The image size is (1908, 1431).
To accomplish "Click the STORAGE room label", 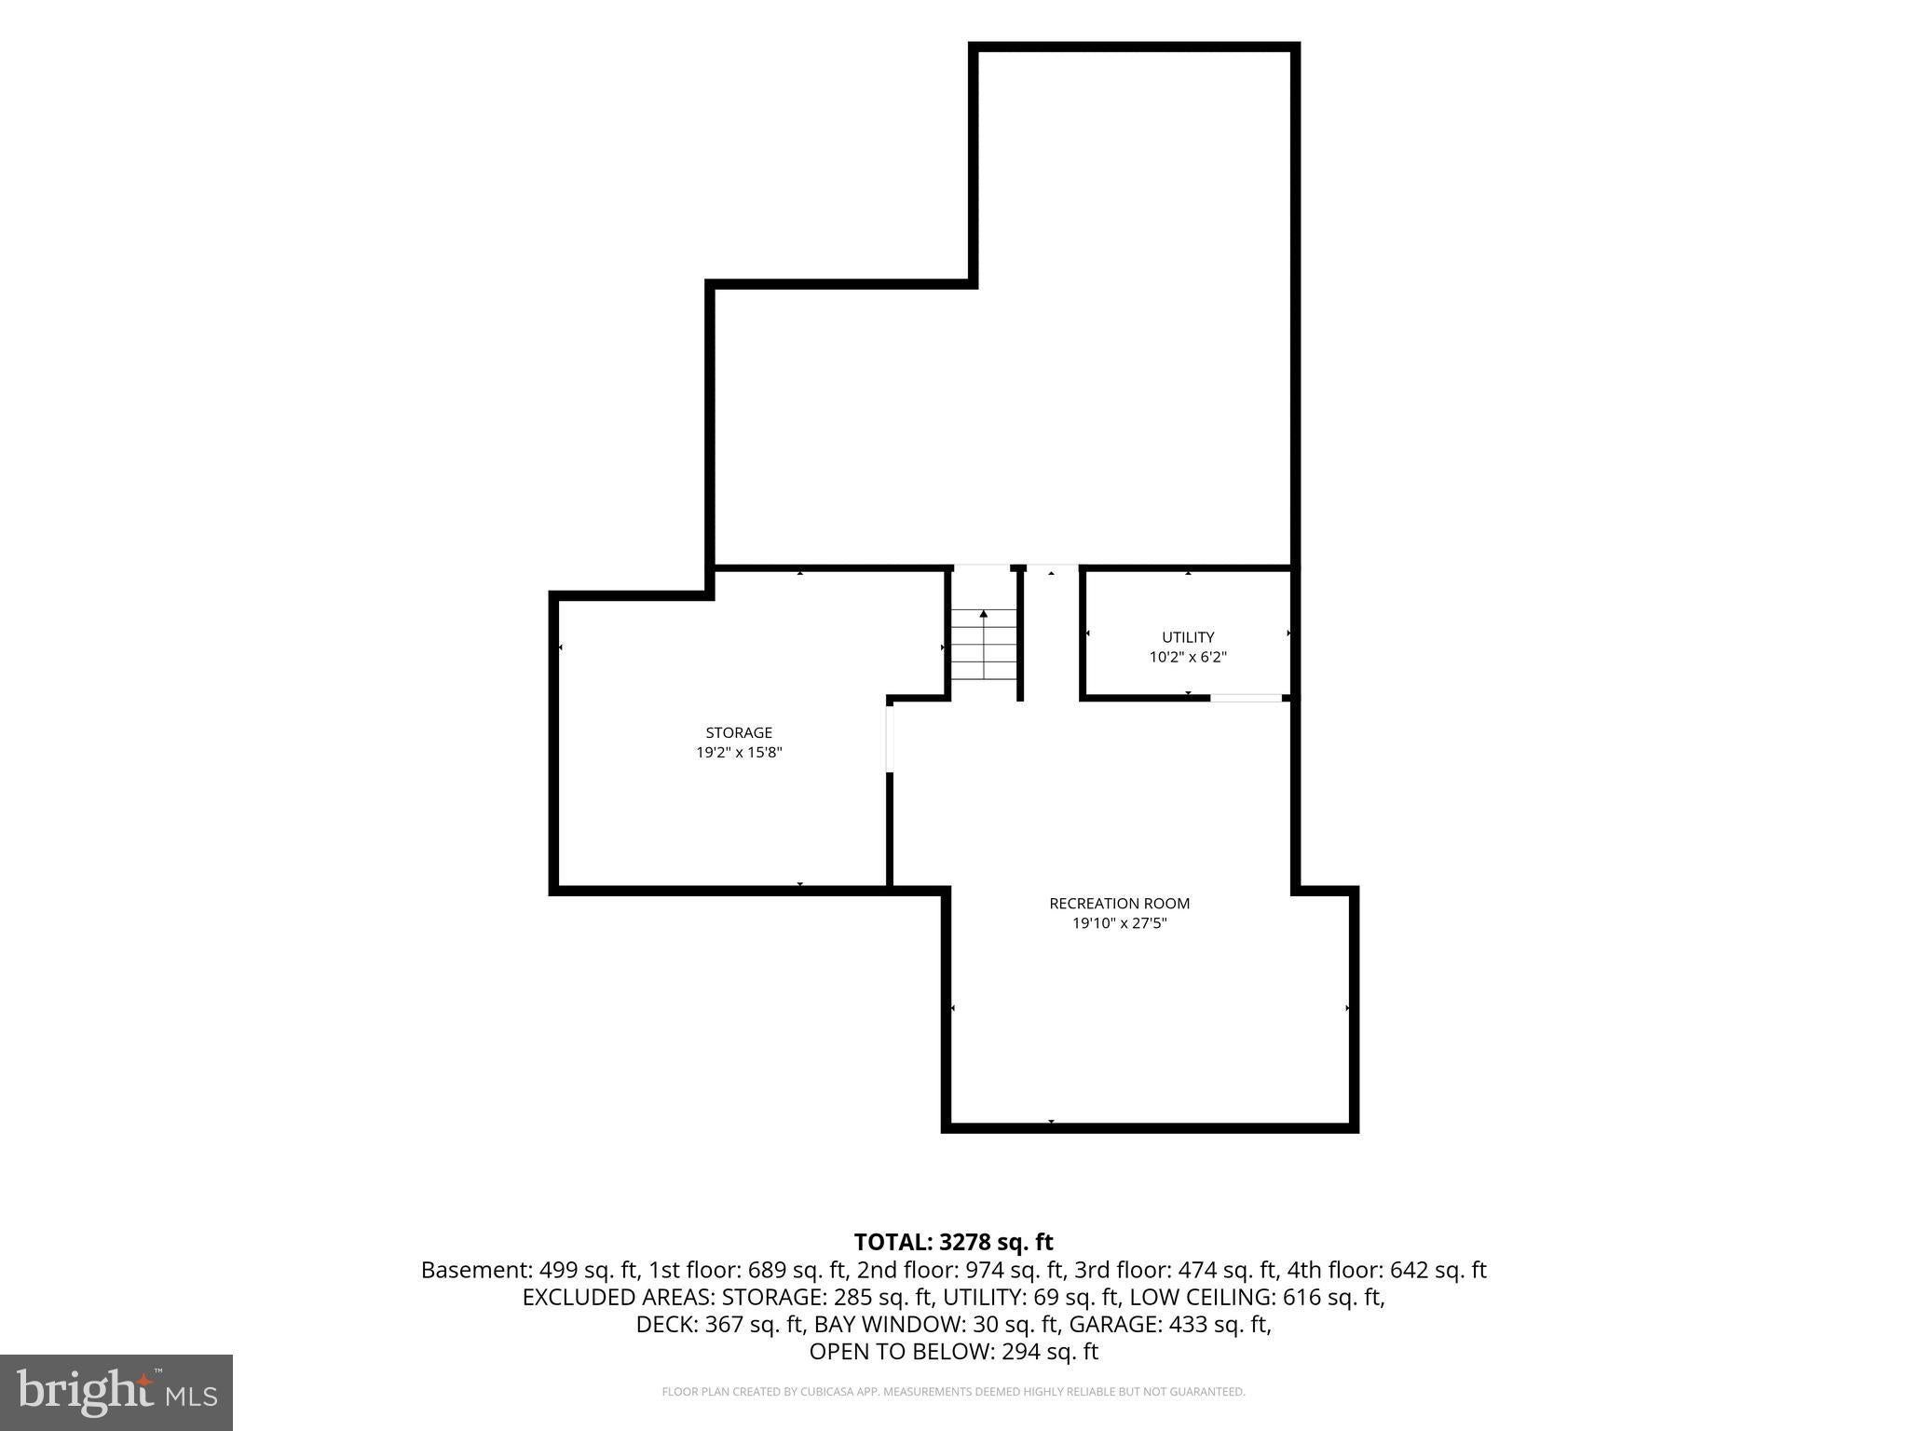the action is [x=739, y=732].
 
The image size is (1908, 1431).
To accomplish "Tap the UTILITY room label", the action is [x=1188, y=637].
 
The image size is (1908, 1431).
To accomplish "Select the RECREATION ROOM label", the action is [x=1119, y=903].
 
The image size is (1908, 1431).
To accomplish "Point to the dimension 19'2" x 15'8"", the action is [x=739, y=753].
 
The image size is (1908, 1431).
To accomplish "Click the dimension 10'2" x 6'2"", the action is [x=1188, y=657].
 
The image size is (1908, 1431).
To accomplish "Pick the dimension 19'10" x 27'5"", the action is [x=1119, y=923].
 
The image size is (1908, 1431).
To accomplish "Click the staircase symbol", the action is [x=984, y=643].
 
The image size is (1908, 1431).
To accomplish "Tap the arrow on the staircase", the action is [x=984, y=644].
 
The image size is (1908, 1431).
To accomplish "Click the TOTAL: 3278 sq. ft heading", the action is [x=953, y=1242].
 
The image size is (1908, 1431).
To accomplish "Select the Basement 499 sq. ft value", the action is [x=529, y=1270].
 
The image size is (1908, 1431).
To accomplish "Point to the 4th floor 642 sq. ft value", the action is [x=1386, y=1270].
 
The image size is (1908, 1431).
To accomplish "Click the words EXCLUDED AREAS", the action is [x=619, y=1297].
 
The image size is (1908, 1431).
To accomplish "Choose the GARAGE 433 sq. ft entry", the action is [x=1170, y=1324].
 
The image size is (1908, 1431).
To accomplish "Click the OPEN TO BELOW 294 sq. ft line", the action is [x=953, y=1351].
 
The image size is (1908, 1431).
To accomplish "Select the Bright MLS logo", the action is [x=116, y=1392].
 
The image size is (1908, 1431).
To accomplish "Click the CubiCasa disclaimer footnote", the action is [x=953, y=1392].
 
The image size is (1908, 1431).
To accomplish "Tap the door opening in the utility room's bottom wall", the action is [x=1246, y=698].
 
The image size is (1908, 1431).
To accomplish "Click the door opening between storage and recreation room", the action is [x=890, y=738].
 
